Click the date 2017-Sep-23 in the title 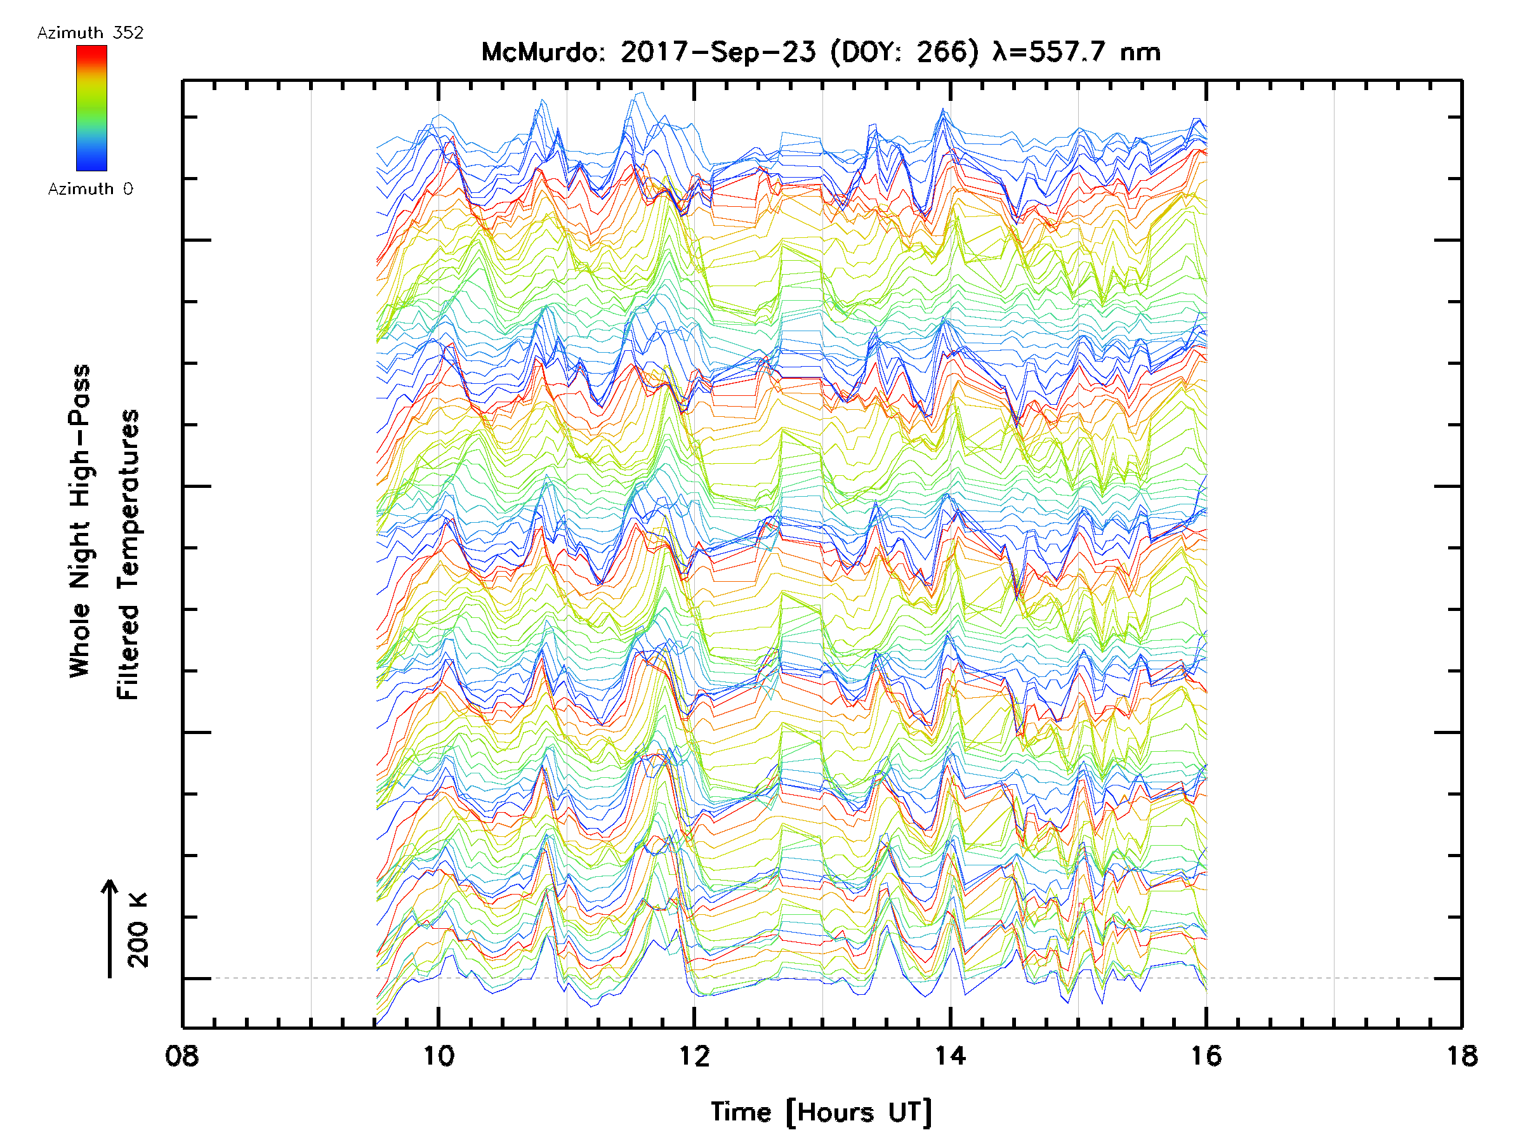click(x=718, y=52)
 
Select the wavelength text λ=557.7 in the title click(x=1050, y=52)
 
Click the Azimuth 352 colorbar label click(x=90, y=33)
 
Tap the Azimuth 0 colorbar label click(x=90, y=189)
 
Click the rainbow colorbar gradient click(x=91, y=108)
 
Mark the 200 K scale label click(x=138, y=929)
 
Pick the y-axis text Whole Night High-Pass click(x=80, y=521)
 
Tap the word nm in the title click(x=1140, y=52)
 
